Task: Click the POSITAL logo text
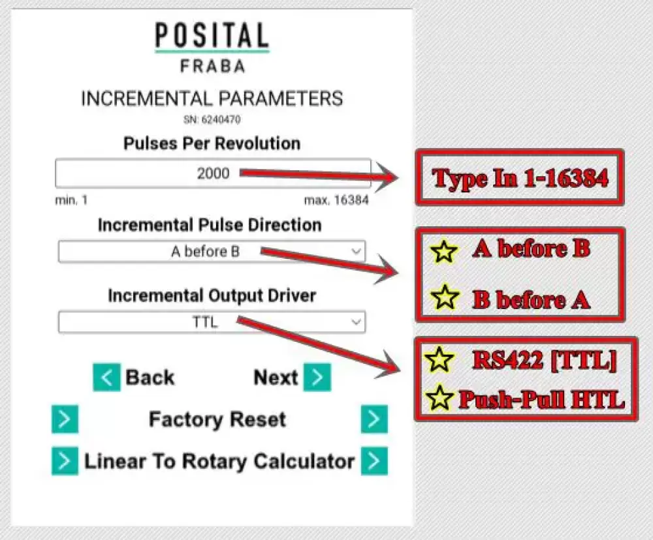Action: pos(212,35)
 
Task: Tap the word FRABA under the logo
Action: pos(212,66)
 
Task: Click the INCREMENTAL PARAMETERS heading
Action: pos(212,98)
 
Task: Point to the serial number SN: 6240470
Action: pos(212,120)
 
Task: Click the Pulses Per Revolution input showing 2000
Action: pos(213,173)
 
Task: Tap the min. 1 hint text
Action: pos(71,200)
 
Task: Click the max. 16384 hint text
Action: pos(336,200)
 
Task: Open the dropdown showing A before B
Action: pos(212,251)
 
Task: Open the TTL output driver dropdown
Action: pos(212,322)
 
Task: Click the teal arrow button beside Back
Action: pos(106,378)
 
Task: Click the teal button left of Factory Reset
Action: pos(65,419)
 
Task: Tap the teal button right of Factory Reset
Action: pos(374,419)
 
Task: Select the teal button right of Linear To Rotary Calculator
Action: pos(374,461)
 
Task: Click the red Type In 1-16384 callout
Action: pos(520,178)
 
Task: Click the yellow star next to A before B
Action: pos(444,251)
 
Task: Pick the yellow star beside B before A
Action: pos(445,297)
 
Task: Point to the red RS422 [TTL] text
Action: pos(545,360)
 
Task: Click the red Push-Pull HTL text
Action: pos(541,399)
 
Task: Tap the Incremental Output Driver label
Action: pos(212,295)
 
